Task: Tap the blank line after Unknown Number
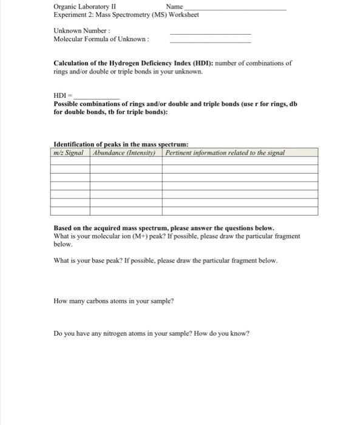click(x=210, y=33)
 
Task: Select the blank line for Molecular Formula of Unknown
click(x=210, y=42)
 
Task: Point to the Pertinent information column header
click(x=225, y=152)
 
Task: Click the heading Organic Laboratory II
click(x=84, y=7)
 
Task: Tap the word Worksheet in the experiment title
click(x=180, y=15)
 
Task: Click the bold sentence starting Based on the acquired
click(x=164, y=228)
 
